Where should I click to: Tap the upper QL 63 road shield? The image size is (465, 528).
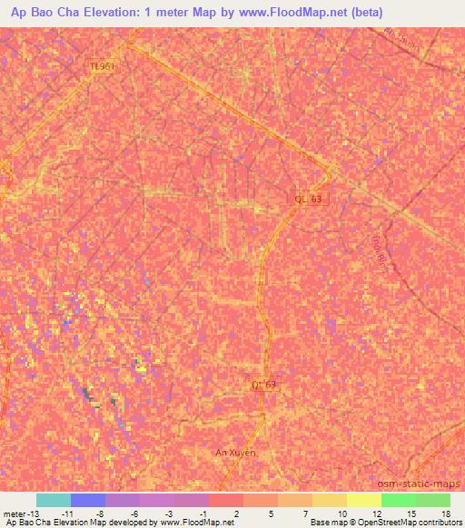(x=308, y=199)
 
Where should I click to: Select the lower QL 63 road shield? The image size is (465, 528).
(x=263, y=385)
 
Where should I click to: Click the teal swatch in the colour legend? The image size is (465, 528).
(x=54, y=500)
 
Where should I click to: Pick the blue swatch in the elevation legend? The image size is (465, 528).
(x=88, y=500)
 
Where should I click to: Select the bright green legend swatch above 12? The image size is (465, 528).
(x=398, y=500)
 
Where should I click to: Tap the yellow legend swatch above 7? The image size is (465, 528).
(x=329, y=500)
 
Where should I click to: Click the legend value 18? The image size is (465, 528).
(x=445, y=513)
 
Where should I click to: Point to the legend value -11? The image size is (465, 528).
(x=66, y=513)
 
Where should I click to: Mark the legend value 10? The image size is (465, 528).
(x=341, y=513)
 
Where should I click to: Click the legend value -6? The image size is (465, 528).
(x=134, y=513)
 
